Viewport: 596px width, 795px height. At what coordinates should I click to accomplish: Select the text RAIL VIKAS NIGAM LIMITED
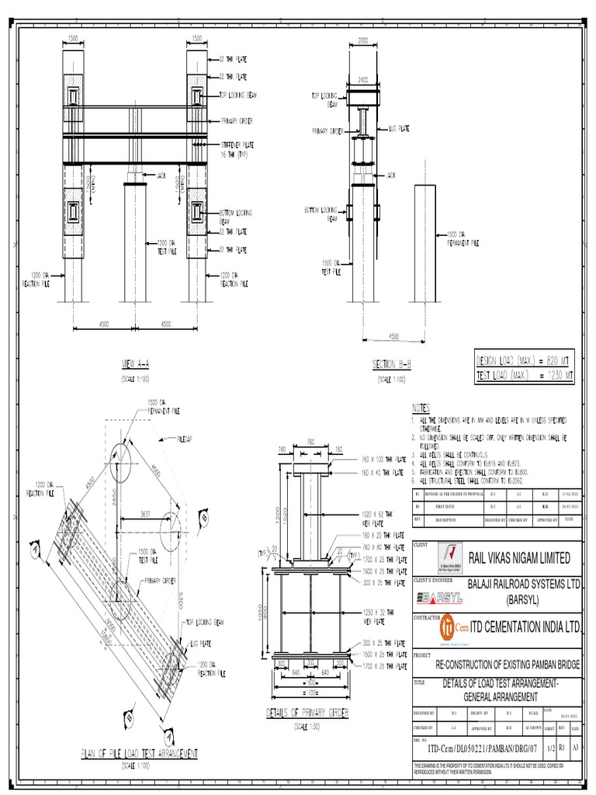518,557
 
